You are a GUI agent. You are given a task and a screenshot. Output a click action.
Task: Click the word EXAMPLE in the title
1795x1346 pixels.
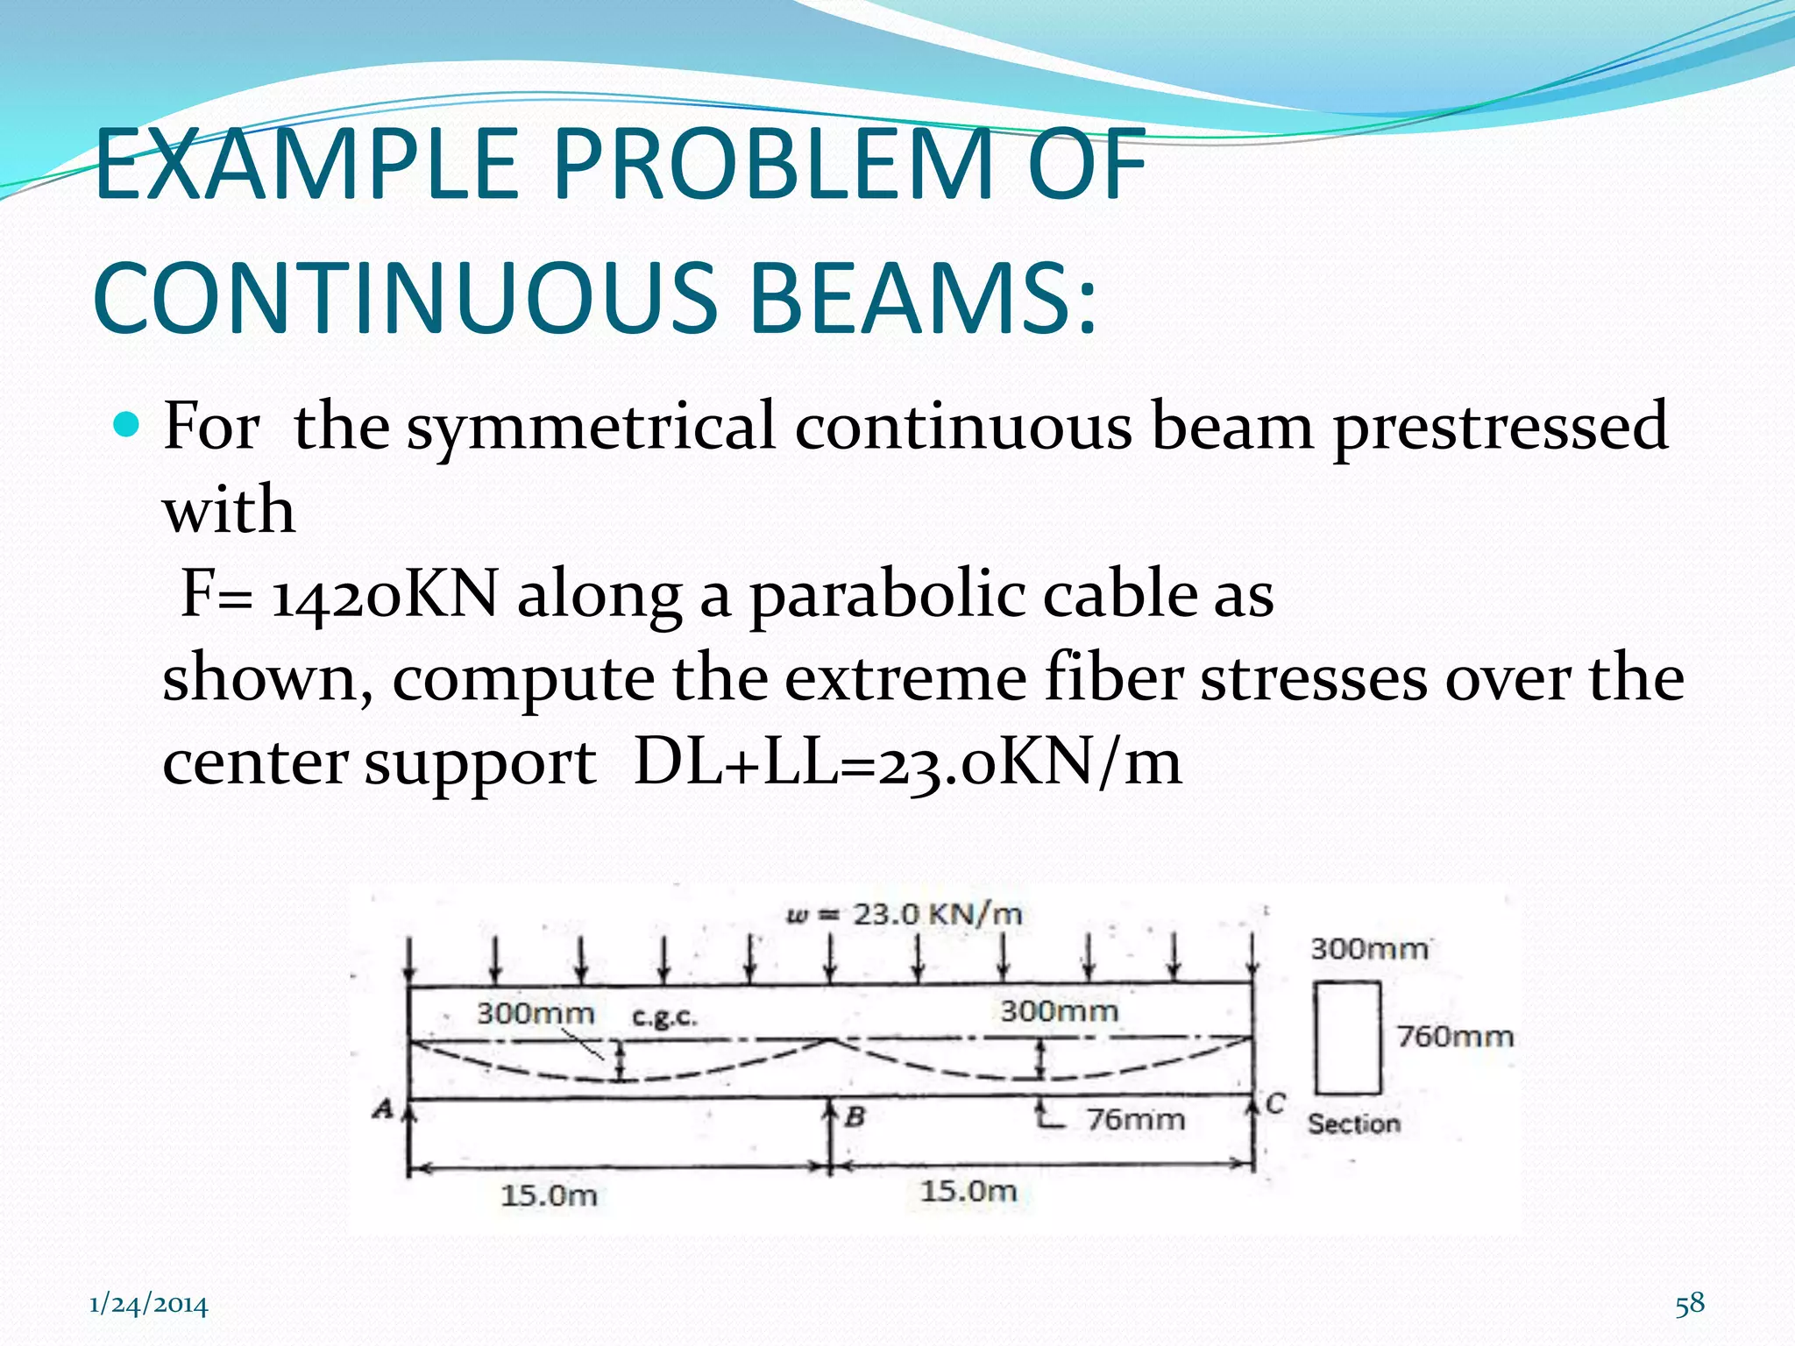click(307, 165)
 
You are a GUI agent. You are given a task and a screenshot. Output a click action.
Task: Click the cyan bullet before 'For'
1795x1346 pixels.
click(127, 426)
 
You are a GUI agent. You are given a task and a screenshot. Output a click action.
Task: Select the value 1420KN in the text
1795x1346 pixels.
click(385, 595)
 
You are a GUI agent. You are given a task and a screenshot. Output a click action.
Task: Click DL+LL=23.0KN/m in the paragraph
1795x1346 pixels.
click(907, 762)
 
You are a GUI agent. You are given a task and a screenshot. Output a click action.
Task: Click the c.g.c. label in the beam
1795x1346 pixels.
click(664, 1017)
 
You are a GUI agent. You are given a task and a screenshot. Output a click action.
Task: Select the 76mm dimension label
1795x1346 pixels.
click(1136, 1120)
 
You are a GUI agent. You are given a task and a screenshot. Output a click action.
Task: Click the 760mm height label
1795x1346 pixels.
click(1455, 1037)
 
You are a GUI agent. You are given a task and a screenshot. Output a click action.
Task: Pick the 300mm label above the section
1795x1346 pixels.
click(1369, 949)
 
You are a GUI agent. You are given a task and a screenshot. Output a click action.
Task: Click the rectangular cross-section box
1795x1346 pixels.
click(1347, 1038)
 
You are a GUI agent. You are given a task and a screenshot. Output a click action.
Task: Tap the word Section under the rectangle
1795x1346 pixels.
click(1353, 1124)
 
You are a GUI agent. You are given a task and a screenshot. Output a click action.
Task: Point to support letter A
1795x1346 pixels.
click(383, 1109)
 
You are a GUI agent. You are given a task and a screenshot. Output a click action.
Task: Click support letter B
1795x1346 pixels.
click(855, 1117)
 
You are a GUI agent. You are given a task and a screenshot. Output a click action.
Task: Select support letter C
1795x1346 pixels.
click(1275, 1104)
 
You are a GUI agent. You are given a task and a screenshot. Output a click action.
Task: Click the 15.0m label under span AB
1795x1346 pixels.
click(549, 1195)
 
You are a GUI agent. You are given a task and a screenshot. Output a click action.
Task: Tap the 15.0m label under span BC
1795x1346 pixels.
click(968, 1191)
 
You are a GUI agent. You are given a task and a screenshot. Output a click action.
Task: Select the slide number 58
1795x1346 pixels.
click(1690, 1304)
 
